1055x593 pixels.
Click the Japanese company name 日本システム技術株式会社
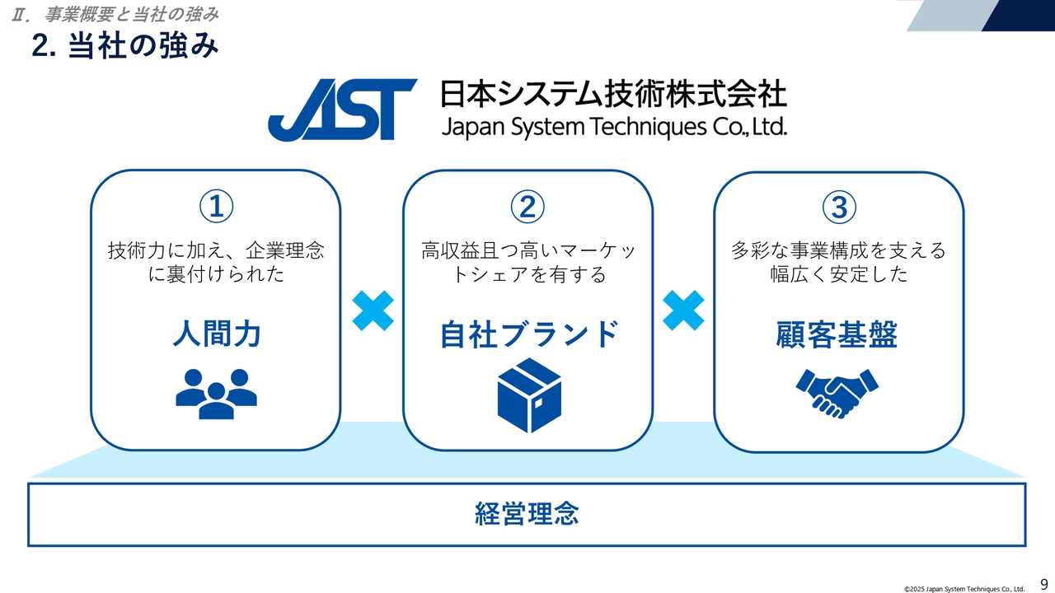pos(613,94)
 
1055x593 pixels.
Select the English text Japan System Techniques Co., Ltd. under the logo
pos(613,127)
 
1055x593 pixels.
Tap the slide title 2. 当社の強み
pos(125,45)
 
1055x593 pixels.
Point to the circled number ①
pos(216,207)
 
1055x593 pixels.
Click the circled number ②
pos(527,207)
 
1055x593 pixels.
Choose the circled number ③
pos(839,207)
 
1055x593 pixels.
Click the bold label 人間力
pos(216,334)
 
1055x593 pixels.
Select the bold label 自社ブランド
pos(527,334)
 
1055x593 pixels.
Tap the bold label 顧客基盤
pos(837,334)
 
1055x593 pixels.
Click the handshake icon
pos(837,393)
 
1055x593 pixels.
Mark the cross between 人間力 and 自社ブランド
pos(373,311)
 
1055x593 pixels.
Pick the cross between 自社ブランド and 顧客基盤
pos(683,311)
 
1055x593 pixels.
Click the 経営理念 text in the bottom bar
pos(527,514)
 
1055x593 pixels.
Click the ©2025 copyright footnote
pos(964,589)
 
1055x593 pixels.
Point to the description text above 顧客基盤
pos(838,262)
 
